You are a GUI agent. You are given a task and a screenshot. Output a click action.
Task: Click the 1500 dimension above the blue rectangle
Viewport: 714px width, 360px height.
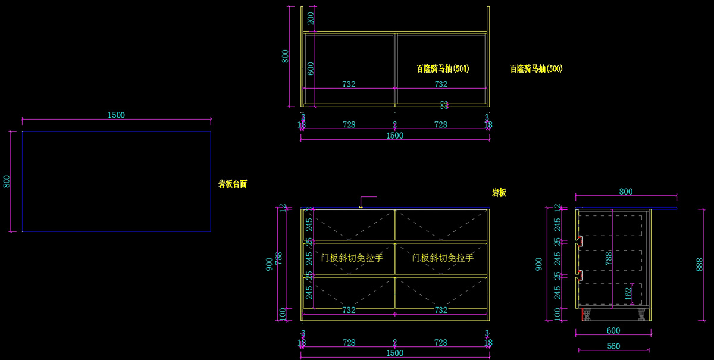point(116,115)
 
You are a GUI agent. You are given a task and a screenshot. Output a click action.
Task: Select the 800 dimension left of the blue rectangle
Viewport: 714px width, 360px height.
point(7,181)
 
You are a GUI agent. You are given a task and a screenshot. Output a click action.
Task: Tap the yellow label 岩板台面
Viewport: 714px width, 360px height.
point(233,184)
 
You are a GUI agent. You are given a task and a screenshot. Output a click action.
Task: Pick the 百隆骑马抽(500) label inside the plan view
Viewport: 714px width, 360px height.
point(443,69)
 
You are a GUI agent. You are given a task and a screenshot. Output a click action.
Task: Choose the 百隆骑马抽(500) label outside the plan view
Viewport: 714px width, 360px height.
point(536,69)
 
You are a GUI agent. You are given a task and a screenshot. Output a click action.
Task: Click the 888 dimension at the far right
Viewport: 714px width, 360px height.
point(700,264)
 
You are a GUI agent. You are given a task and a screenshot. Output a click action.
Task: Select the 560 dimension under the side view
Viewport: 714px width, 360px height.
point(613,346)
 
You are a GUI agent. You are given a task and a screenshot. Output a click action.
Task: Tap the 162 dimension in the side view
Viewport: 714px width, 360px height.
point(629,293)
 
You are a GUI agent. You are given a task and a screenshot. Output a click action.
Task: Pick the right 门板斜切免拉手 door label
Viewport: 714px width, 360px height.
point(443,258)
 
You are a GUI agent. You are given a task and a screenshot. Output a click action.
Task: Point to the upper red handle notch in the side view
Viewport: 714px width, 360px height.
point(579,241)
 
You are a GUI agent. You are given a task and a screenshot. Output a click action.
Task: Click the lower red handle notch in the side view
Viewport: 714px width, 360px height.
point(579,274)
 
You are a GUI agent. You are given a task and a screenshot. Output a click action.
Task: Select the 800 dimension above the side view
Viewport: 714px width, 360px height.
point(625,192)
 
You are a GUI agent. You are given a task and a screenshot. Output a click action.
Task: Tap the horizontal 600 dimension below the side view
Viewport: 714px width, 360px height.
point(613,330)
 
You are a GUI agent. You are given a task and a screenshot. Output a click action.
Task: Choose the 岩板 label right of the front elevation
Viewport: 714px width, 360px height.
point(499,193)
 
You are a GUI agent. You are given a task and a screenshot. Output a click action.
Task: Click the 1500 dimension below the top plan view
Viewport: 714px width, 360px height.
point(395,136)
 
